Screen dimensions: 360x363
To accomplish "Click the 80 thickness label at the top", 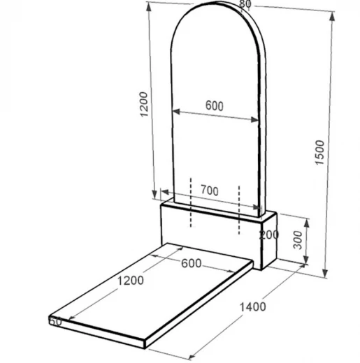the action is point(245,3).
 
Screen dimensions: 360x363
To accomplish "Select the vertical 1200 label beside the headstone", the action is point(144,104).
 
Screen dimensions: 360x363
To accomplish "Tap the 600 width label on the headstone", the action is point(215,106).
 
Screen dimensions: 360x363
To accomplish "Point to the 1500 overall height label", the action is point(319,152).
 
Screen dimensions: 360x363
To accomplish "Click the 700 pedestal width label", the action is point(210,191).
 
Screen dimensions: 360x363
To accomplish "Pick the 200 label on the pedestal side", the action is point(269,235).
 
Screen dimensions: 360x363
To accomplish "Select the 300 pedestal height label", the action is point(298,240).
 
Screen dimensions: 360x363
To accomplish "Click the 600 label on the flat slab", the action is point(192,263).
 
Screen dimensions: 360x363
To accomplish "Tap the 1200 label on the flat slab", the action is point(130,281).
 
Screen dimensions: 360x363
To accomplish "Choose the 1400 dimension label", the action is point(253,307).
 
